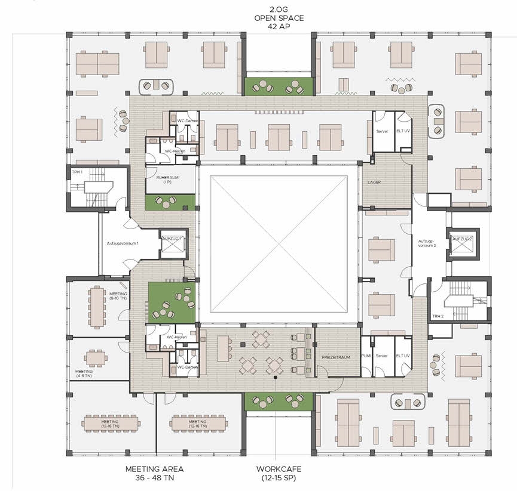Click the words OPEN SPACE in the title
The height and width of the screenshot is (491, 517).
(279, 18)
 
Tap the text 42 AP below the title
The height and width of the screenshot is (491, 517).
(279, 27)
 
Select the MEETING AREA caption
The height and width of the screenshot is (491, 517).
(154, 469)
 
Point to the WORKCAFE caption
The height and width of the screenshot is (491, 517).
(279, 469)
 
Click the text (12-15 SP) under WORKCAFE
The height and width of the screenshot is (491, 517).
(279, 478)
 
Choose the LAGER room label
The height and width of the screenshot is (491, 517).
(375, 181)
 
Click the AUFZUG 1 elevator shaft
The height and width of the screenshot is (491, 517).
(173, 244)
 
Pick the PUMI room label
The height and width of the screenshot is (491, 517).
(366, 356)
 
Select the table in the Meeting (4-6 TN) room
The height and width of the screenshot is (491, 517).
(96, 359)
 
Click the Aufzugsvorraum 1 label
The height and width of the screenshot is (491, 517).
(124, 243)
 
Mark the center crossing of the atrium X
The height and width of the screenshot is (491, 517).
(279, 245)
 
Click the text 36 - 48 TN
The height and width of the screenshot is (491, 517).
(154, 478)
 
